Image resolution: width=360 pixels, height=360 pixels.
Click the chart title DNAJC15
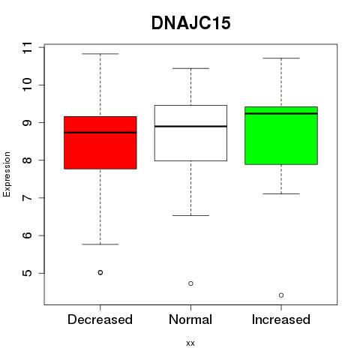190,23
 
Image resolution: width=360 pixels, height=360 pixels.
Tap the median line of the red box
100,133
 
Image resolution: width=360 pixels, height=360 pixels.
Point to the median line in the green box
281,113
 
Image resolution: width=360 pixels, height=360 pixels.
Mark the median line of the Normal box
190,126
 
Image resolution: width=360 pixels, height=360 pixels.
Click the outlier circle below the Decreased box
100,272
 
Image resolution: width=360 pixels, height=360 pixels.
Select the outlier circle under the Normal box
190,283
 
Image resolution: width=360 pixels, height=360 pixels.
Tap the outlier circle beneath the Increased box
281,295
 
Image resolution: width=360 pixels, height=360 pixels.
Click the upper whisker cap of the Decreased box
100,54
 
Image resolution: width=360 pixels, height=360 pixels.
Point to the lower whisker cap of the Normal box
190,215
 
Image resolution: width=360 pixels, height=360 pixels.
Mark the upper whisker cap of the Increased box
281,58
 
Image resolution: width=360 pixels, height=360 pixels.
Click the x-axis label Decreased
100,319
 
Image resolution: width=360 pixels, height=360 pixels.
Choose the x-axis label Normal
190,319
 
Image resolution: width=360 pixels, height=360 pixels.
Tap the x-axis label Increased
281,319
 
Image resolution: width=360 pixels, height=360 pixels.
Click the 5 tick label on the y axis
28,273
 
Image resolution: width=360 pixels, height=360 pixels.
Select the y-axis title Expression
7,174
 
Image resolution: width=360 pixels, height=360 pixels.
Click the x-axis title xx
190,343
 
